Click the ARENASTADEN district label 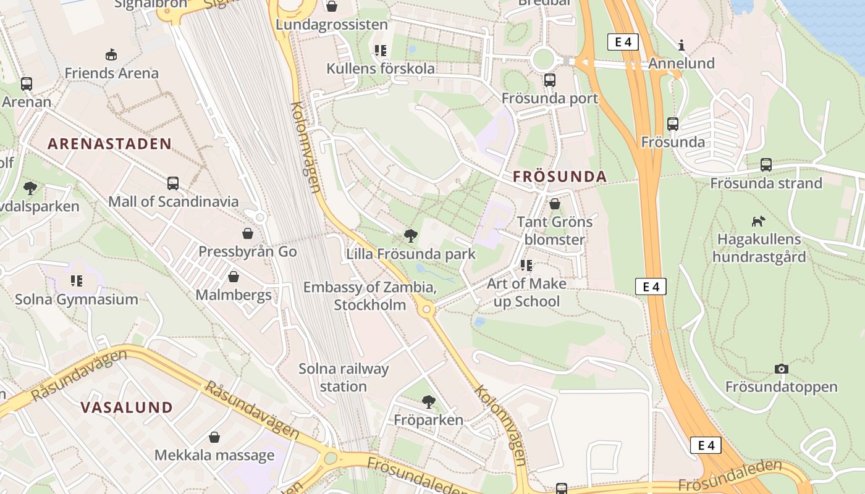coord(109,144)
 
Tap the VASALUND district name coord(127,408)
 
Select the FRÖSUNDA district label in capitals coord(560,177)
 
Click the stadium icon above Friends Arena coord(111,55)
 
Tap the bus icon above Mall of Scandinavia coord(173,183)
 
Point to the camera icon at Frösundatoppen coord(782,369)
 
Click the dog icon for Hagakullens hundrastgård coord(758,221)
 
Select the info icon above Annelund coord(681,45)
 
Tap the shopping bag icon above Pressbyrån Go coord(248,233)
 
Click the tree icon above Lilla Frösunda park coord(410,235)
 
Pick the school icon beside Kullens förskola coord(380,51)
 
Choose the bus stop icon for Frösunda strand coord(766,165)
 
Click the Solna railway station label coord(344,377)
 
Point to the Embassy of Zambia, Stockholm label coord(369,296)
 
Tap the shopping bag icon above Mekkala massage coord(214,437)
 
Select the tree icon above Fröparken coord(428,402)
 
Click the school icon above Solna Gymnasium coord(77,281)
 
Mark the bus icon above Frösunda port coord(549,80)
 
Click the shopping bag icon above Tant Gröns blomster coord(555,204)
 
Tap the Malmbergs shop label coord(234,295)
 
